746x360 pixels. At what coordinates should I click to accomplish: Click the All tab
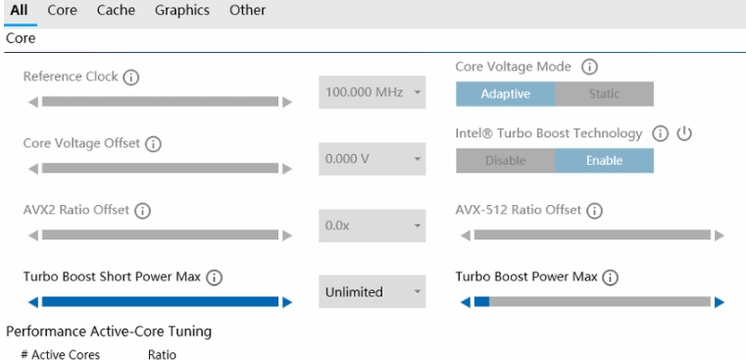(x=18, y=11)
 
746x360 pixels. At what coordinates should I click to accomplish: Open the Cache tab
(x=116, y=11)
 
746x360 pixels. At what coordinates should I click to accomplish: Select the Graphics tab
(x=182, y=11)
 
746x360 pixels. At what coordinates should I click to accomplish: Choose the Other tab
(x=247, y=11)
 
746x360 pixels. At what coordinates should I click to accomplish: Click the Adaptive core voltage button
(x=506, y=94)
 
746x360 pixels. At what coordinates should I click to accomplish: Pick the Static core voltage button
(x=604, y=94)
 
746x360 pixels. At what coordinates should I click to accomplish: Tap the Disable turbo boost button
(x=506, y=161)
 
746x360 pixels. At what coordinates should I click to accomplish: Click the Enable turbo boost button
(x=604, y=161)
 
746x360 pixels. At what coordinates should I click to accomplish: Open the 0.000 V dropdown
(x=373, y=158)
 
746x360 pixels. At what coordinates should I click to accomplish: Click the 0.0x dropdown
(x=373, y=225)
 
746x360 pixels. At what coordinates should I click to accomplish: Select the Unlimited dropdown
(x=373, y=291)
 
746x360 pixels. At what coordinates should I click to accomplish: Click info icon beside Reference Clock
(x=130, y=77)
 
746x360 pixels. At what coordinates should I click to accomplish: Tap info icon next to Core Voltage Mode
(x=590, y=67)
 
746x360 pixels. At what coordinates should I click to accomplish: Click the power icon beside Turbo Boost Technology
(x=684, y=133)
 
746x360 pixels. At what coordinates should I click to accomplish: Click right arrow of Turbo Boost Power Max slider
(x=720, y=302)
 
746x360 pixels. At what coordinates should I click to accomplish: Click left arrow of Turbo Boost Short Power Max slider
(x=33, y=302)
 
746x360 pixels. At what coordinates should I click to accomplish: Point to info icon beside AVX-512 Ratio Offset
(x=594, y=211)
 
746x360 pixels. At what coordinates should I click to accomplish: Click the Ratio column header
(x=162, y=353)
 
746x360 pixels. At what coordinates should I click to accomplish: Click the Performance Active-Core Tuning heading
(x=109, y=332)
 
